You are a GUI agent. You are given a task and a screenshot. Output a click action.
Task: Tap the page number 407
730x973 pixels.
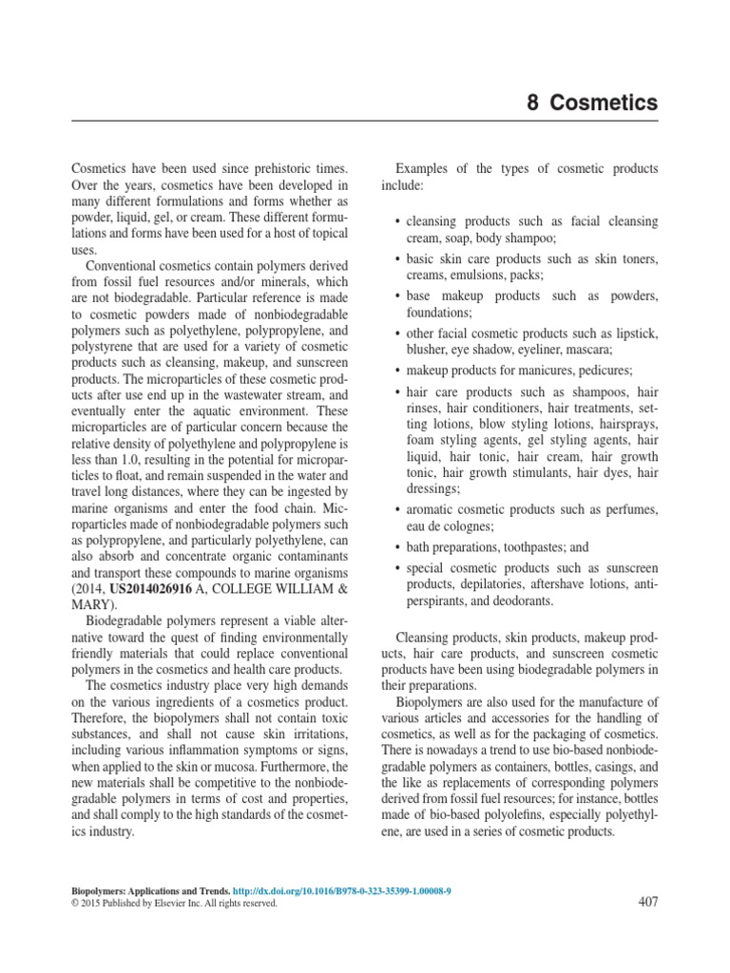click(645, 902)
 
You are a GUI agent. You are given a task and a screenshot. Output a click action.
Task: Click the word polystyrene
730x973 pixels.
click(103, 347)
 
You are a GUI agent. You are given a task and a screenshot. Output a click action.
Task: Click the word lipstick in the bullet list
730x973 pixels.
click(635, 334)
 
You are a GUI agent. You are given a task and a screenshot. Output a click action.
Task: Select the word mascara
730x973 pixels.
click(586, 350)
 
